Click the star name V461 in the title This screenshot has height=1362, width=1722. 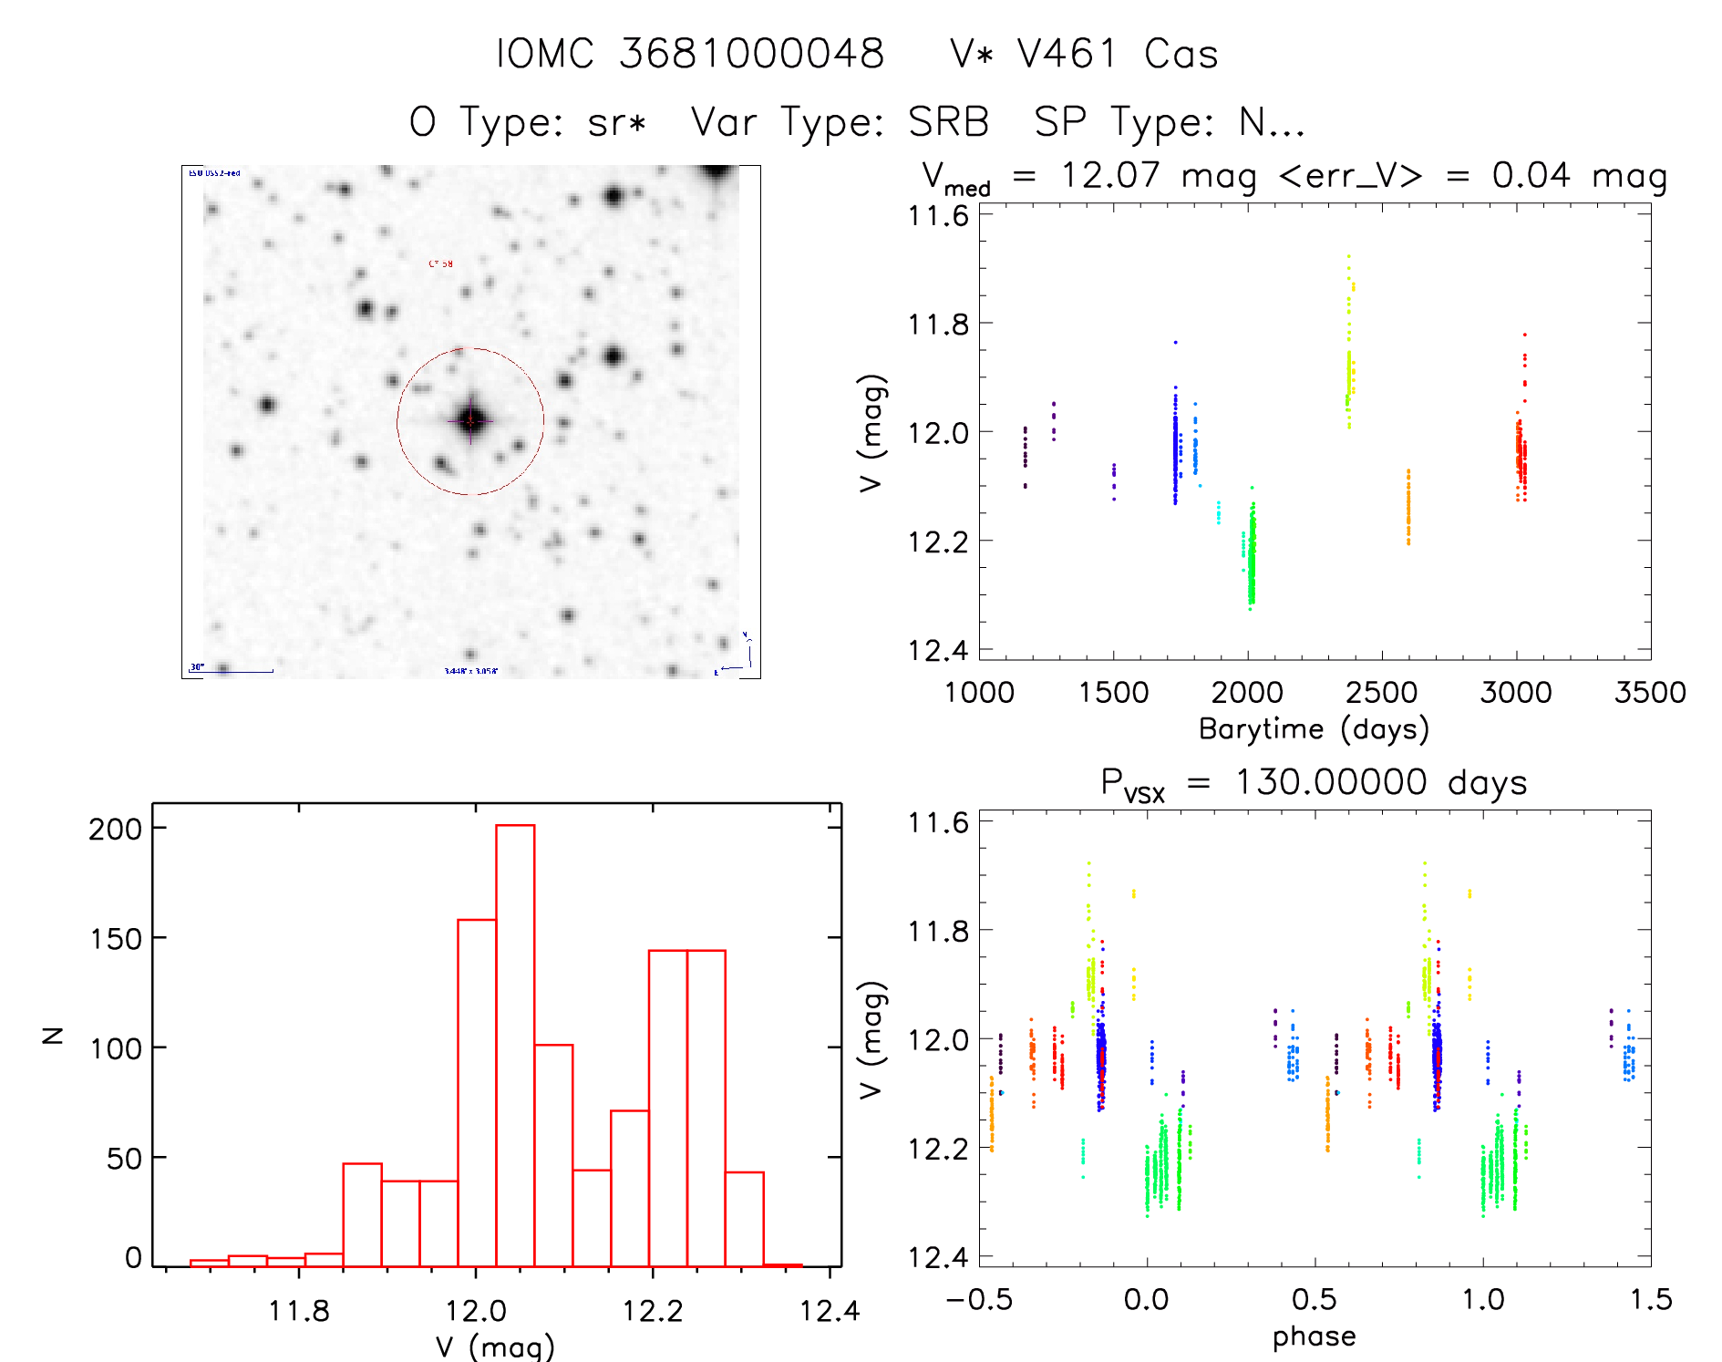pos(1067,54)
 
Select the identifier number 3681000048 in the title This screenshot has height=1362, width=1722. pos(752,54)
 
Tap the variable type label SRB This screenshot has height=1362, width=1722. pos(949,122)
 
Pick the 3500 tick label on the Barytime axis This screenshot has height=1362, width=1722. pos(1650,693)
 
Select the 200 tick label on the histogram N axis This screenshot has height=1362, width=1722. pos(115,829)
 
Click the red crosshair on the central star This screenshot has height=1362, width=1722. pos(470,420)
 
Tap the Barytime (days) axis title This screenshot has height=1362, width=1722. pos(1314,729)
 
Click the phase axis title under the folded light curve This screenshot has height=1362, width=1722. pos(1314,1336)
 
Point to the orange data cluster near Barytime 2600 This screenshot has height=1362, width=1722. pos(1408,508)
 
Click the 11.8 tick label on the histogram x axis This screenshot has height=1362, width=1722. pos(298,1311)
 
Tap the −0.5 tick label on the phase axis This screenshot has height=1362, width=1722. pos(979,1300)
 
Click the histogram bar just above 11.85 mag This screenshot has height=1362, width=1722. pos(362,1214)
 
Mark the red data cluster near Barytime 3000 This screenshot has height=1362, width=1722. pos(1521,456)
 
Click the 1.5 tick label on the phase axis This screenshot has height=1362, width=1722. pos(1650,1300)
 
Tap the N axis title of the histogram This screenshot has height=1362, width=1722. pos(54,1035)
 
